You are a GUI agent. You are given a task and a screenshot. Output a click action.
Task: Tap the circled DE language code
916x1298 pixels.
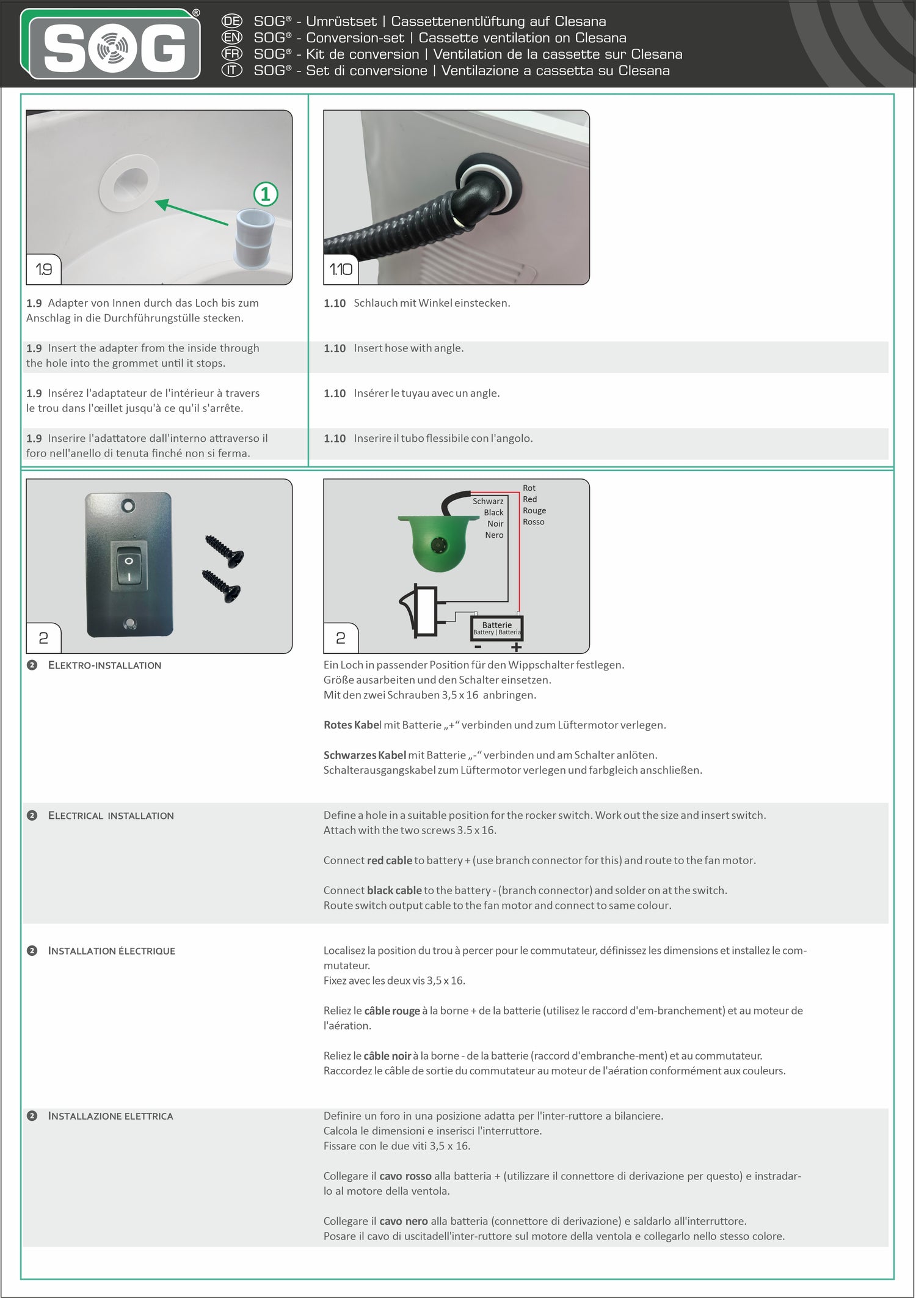[231, 21]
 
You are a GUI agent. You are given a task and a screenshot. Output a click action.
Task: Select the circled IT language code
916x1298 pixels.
[231, 70]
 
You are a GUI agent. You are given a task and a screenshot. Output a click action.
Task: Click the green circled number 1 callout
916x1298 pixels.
[266, 194]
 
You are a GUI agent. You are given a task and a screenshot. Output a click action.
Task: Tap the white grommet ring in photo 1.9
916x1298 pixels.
[129, 183]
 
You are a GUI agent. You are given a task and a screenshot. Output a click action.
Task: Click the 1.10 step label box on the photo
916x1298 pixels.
[341, 269]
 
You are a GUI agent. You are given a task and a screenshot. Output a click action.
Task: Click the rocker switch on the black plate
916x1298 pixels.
[129, 568]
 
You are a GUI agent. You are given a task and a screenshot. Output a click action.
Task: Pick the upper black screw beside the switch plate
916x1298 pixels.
[224, 551]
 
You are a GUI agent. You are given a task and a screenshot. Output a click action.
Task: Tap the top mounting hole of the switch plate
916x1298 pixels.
[128, 506]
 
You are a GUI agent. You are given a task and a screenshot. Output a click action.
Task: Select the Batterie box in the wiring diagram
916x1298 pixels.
[497, 628]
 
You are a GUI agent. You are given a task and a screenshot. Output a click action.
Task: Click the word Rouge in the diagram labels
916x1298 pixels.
[534, 510]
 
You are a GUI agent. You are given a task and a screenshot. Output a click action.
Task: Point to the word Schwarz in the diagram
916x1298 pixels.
[487, 501]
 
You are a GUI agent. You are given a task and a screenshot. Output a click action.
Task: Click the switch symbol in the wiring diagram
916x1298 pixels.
[421, 611]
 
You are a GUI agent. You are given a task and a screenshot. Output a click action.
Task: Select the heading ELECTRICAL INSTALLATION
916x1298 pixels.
[111, 815]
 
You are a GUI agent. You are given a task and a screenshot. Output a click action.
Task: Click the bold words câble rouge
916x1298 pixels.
[391, 1011]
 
